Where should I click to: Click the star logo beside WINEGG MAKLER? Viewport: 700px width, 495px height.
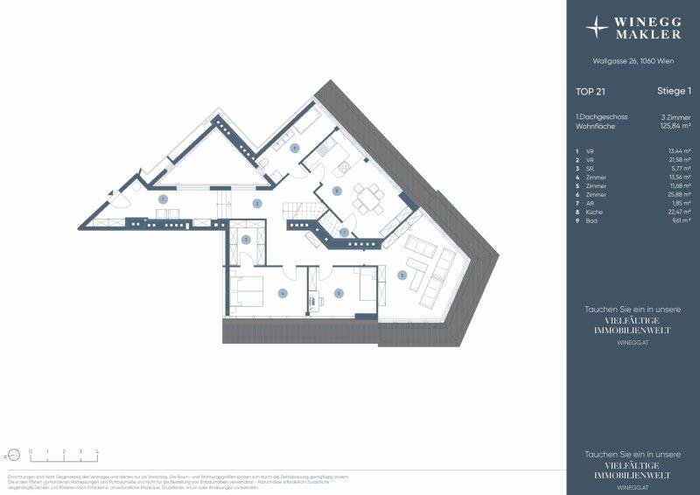pos(598,26)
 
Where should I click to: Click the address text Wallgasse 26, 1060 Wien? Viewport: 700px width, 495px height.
pos(633,60)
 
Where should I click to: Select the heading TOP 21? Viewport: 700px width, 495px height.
pos(588,90)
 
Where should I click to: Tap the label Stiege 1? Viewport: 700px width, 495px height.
pos(674,90)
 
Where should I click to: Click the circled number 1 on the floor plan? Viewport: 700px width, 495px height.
pos(163,199)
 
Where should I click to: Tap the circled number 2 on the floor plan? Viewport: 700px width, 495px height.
pos(256,203)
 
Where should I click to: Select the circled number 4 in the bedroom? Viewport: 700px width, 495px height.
pos(283,294)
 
